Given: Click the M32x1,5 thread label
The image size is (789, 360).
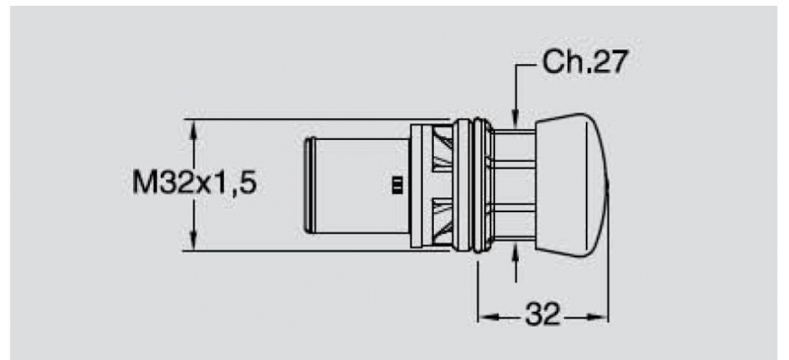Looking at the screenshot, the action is coord(194,182).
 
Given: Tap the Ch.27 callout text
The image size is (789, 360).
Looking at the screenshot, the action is coord(585,62).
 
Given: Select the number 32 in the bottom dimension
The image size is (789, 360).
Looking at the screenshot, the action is coord(542,316).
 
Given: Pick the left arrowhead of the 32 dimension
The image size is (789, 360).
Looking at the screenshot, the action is coord(487,318).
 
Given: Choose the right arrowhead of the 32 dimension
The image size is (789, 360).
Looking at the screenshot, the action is coord(598,318).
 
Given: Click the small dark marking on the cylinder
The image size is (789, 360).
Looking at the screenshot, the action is coord(396,184).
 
